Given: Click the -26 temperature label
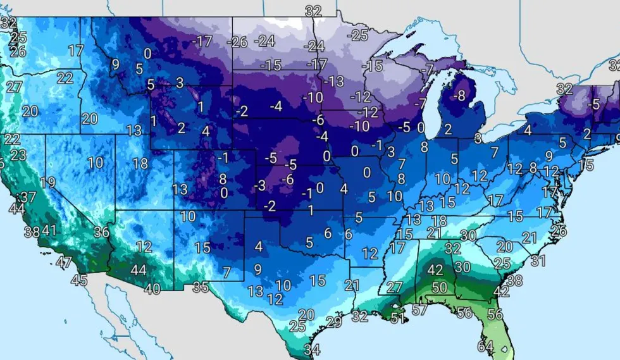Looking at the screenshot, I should pyautogui.click(x=239, y=42).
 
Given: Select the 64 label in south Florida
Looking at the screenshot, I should pyautogui.click(x=485, y=347).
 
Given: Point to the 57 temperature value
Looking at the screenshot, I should pyautogui.click(x=419, y=310).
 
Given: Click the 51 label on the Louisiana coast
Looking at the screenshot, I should pyautogui.click(x=397, y=318).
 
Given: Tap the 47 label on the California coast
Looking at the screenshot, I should pyautogui.click(x=64, y=262).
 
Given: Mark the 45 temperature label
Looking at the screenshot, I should pyautogui.click(x=78, y=280).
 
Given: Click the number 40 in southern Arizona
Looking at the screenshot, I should pyautogui.click(x=152, y=289).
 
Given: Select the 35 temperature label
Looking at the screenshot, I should pyautogui.click(x=201, y=287).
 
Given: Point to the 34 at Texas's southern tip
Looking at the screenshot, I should pyautogui.click(x=311, y=349).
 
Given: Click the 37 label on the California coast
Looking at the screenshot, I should pyautogui.click(x=27, y=197).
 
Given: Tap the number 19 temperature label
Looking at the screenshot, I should pyautogui.click(x=47, y=183).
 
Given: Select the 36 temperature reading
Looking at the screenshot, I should pyautogui.click(x=101, y=232).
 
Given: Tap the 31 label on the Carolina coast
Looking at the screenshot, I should pyautogui.click(x=538, y=260).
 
